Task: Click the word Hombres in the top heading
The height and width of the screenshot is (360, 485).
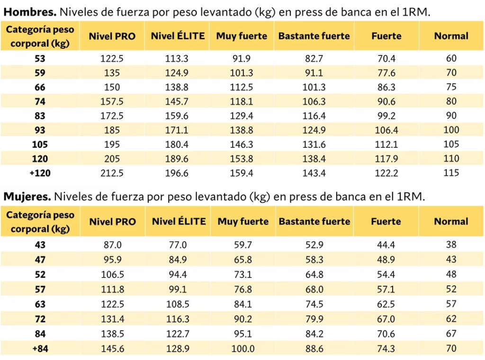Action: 30,12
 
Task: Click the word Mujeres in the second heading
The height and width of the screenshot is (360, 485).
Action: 27,196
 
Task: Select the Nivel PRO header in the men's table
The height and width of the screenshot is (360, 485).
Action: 112,36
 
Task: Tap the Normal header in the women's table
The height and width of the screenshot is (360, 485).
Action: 451,221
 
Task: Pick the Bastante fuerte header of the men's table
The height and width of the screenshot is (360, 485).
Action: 314,36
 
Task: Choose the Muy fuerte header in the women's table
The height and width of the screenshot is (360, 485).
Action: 243,221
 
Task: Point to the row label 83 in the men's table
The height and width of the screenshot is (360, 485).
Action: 40,116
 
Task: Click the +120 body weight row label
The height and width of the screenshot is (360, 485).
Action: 40,173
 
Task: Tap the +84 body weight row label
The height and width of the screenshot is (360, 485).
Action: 40,349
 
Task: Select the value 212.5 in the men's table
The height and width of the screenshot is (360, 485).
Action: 112,173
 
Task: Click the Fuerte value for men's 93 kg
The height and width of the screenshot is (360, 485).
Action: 386,130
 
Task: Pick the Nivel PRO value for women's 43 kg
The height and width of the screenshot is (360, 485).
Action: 112,245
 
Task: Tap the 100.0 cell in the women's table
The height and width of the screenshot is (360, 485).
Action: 243,349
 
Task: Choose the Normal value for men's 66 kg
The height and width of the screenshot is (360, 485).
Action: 451,87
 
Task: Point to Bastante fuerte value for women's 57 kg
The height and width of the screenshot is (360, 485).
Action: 314,289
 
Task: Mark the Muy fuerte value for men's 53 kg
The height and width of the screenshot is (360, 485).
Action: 242,59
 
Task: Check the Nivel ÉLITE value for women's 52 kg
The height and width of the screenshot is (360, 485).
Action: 178,274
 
